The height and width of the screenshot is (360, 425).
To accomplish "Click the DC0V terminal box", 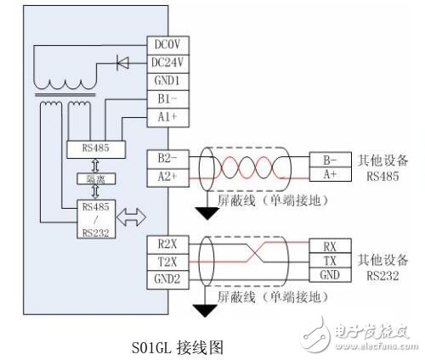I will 166,44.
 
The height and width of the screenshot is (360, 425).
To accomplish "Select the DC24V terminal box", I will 166,62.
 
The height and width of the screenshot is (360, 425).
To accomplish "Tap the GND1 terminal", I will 166,80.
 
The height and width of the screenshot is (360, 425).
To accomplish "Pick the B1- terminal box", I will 166,98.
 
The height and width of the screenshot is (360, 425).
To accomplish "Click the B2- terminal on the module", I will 166,158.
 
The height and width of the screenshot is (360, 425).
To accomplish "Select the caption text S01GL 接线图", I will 175,346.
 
